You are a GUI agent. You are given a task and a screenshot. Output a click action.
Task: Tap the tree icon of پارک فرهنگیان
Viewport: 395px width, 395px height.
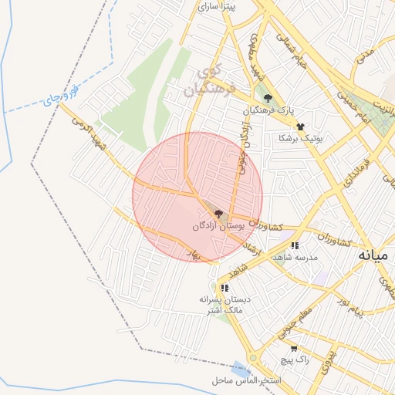[268, 98]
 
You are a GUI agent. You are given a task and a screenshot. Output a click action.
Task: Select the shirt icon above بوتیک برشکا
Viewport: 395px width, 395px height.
[300, 127]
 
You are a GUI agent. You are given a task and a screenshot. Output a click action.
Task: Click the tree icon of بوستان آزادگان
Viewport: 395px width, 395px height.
[218, 214]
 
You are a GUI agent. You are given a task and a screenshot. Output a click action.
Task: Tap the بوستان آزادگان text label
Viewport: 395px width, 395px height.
[220, 227]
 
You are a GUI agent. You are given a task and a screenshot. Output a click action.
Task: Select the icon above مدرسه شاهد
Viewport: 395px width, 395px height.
[294, 245]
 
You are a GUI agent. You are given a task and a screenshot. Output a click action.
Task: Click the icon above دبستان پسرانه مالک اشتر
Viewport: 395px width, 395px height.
[225, 288]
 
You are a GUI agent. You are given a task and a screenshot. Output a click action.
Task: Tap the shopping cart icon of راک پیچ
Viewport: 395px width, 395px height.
[294, 348]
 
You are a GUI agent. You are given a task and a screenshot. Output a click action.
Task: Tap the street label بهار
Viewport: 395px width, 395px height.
[191, 254]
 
